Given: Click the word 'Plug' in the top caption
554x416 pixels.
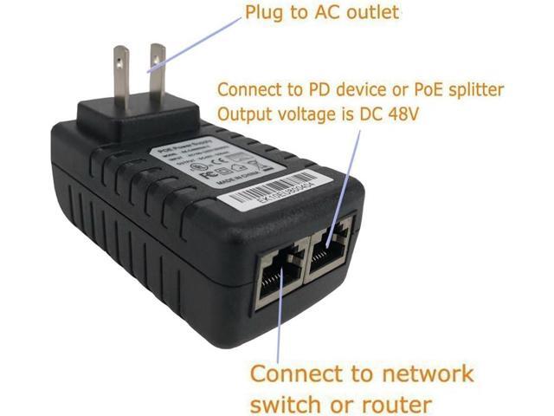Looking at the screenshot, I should click(x=262, y=13).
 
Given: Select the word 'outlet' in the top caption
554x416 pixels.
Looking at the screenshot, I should click(x=350, y=13).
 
